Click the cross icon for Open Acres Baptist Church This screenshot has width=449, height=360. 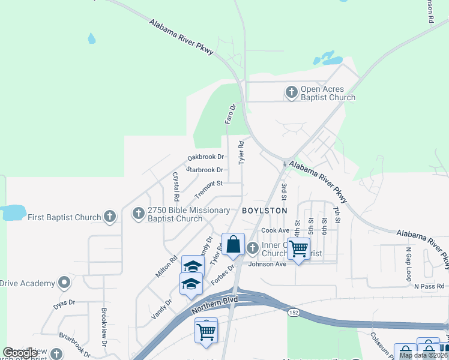tap(292, 92)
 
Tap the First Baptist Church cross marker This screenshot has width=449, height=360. tap(109, 217)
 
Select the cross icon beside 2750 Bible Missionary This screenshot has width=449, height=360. tap(139, 213)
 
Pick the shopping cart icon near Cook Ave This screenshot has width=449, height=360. tap(298, 248)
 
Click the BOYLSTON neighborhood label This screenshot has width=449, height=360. tap(265, 211)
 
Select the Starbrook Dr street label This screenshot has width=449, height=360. tap(205, 170)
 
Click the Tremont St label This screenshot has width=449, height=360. tap(208, 183)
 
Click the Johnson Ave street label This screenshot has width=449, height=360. tap(268, 264)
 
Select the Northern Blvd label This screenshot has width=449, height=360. tap(215, 305)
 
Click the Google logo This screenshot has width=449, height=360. tap(20, 353)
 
